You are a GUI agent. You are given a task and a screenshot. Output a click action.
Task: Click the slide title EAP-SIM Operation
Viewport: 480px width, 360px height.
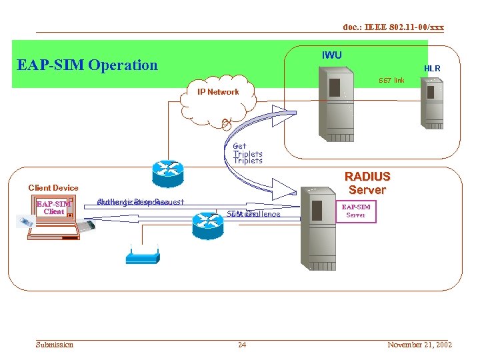[x=87, y=65]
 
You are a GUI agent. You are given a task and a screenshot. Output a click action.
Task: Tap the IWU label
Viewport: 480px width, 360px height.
[x=331, y=55]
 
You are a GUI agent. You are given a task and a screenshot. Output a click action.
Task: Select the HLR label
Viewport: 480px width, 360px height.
[x=432, y=69]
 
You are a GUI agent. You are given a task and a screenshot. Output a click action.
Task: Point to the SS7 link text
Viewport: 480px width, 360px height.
[x=391, y=81]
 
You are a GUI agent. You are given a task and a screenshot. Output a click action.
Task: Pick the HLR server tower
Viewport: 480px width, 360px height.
[x=431, y=103]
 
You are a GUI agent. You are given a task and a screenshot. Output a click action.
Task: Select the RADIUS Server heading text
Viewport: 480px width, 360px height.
[x=367, y=183]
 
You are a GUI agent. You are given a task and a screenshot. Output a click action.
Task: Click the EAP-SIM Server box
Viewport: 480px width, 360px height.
[x=355, y=211]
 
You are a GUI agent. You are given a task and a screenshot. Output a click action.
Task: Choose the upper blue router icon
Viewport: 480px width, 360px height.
[x=167, y=173]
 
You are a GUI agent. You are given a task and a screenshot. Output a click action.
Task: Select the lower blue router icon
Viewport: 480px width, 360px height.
[x=208, y=225]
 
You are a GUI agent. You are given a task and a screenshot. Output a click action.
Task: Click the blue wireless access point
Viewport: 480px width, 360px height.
[x=142, y=256]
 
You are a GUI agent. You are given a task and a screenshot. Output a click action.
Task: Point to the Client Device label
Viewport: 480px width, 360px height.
[x=53, y=188]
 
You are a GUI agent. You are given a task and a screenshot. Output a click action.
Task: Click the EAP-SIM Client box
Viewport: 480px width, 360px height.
[x=53, y=207]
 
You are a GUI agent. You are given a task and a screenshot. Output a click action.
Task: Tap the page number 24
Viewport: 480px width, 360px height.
[x=242, y=345]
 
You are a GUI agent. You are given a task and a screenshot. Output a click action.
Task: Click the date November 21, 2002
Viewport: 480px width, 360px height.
[x=419, y=345]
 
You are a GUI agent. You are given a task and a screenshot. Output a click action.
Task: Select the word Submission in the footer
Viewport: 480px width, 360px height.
[x=55, y=345]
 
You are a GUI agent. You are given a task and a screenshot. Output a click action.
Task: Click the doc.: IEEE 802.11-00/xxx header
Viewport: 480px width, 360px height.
[x=393, y=27]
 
